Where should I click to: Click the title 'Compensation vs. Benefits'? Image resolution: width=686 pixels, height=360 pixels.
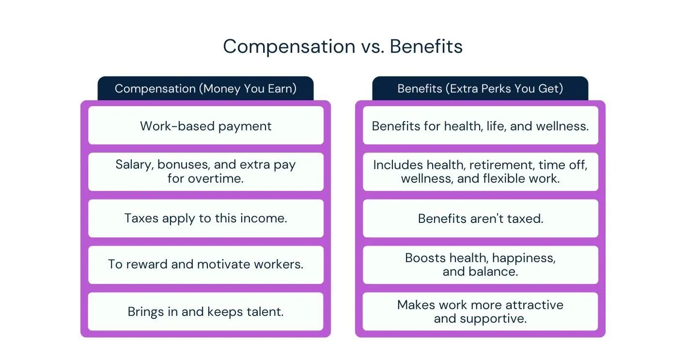point(343,47)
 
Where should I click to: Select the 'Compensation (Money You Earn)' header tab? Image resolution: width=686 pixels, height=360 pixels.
point(205,89)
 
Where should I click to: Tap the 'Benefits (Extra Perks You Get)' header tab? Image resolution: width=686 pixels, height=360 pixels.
point(480,89)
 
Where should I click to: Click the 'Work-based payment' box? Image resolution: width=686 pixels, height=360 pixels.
point(205,125)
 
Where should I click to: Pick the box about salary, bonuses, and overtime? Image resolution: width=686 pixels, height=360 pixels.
point(205,172)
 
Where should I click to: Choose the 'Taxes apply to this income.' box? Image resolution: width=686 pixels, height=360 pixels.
point(205,218)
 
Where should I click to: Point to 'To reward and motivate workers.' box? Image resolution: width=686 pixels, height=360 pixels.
point(205,265)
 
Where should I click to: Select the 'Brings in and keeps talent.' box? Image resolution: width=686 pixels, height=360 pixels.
point(205,311)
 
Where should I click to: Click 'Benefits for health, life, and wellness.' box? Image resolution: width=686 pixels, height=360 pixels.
point(480,125)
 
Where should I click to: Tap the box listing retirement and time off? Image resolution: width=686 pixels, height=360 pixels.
point(480,172)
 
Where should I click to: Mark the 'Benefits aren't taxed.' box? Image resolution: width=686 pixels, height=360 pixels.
point(480,218)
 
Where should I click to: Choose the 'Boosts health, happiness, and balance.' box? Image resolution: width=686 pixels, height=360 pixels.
point(480,265)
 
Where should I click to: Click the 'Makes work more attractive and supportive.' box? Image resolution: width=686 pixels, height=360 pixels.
point(480,311)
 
